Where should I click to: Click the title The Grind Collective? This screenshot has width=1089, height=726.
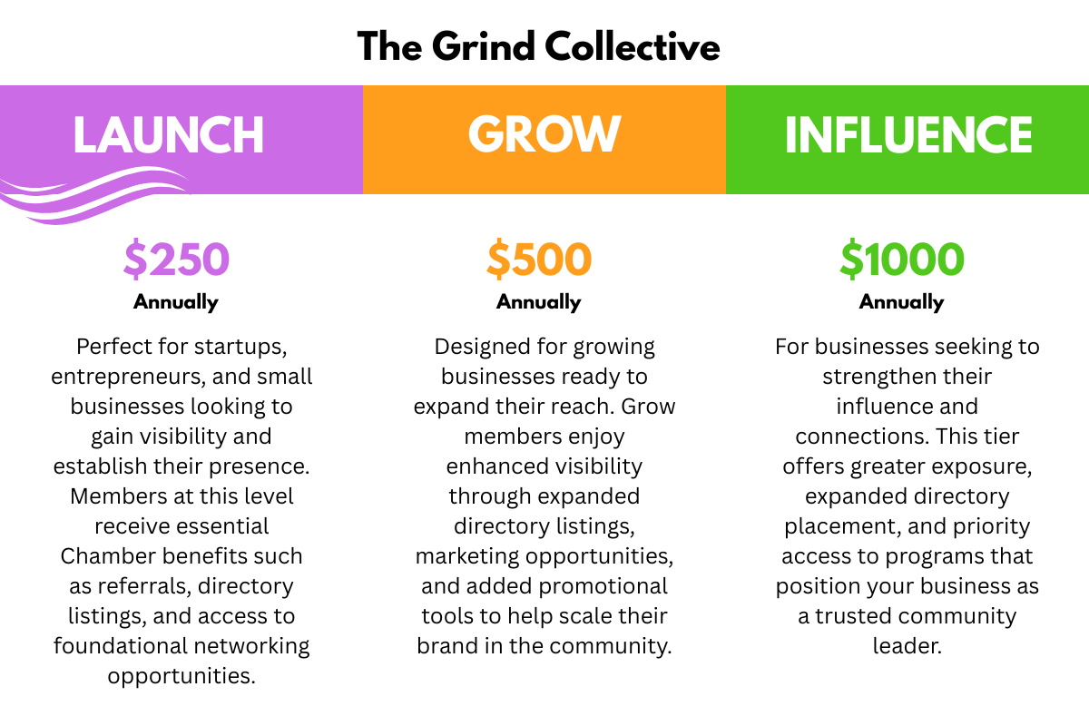click(x=538, y=45)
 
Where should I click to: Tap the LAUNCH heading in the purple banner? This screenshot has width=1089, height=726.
click(x=169, y=135)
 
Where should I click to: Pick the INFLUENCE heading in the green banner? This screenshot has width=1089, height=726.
click(x=907, y=135)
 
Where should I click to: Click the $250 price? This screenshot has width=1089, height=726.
click(x=176, y=260)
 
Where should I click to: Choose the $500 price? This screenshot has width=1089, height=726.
click(x=539, y=260)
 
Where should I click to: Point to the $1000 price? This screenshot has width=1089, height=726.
click(x=901, y=260)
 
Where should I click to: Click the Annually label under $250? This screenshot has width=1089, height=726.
click(x=176, y=302)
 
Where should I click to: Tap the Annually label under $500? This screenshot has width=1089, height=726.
click(x=539, y=302)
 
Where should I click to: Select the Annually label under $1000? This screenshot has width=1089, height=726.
click(x=901, y=302)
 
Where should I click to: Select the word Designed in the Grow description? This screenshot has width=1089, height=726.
click(x=476, y=347)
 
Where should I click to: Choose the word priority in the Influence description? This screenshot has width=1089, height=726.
click(x=991, y=526)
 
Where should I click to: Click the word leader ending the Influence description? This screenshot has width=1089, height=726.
click(x=904, y=646)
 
